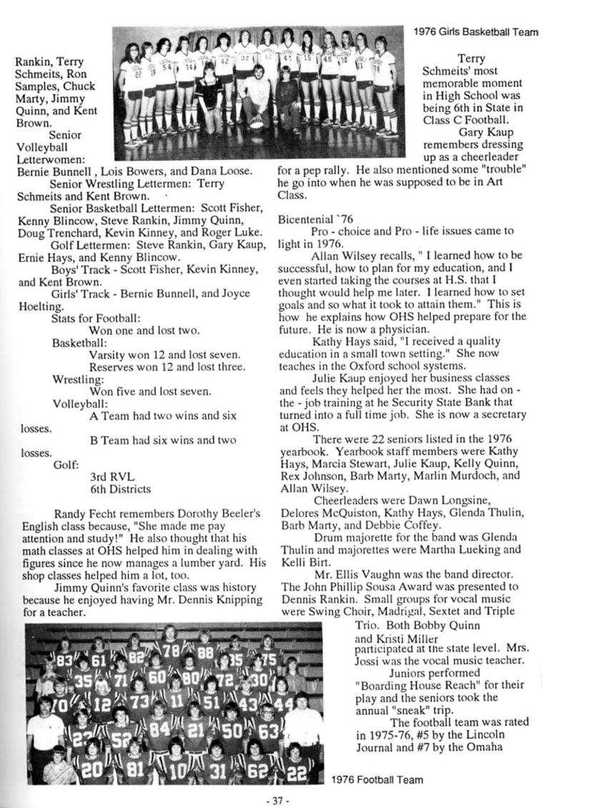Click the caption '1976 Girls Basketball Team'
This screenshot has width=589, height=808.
(475, 32)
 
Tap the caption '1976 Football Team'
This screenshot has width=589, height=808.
(377, 779)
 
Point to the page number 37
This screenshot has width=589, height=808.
(274, 802)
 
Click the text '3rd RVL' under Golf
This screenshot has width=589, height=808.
(111, 476)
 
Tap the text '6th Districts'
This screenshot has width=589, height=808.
(120, 489)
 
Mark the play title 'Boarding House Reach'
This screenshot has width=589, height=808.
(409, 684)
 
